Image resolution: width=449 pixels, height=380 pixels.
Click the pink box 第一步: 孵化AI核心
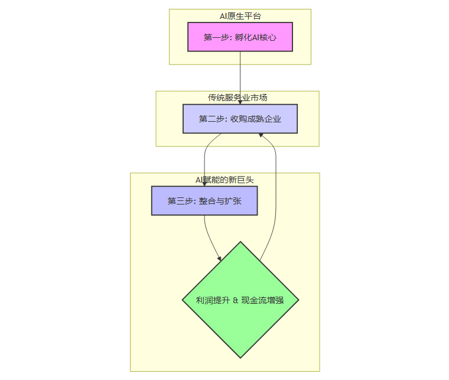click(x=240, y=37)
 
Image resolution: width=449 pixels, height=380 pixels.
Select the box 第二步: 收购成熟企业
click(x=240, y=119)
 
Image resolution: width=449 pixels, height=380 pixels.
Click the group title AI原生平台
click(x=240, y=16)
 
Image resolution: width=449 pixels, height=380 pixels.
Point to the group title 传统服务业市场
click(x=237, y=98)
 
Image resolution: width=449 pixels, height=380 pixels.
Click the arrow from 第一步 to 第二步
click(x=240, y=77)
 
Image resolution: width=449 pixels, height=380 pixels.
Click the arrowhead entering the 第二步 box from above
click(x=240, y=102)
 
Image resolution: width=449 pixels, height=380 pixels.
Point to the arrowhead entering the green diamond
click(x=219, y=258)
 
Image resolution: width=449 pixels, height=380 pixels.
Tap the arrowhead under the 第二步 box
click(x=261, y=136)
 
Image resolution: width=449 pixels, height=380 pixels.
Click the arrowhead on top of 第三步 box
click(x=204, y=184)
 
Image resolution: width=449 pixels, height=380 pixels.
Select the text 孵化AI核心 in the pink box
click(x=255, y=37)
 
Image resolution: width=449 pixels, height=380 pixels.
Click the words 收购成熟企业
click(x=256, y=119)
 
